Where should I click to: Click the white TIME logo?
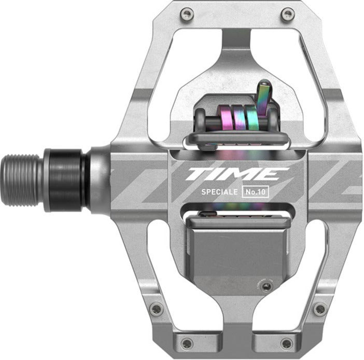[237, 174]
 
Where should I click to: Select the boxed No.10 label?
[255, 192]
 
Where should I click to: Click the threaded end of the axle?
[22, 180]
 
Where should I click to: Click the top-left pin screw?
[187, 14]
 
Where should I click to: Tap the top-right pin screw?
[288, 14]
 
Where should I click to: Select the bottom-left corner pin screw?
[187, 343]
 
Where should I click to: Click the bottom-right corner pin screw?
[287, 343]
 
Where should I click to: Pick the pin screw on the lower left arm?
[156, 309]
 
